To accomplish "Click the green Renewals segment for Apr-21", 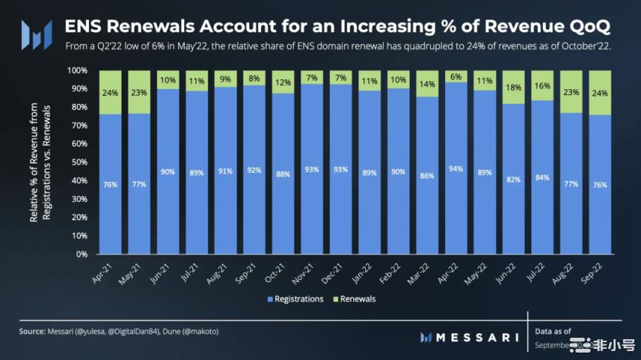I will [111, 93].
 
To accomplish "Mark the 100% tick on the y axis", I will [76, 71].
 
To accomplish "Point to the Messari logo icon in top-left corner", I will [36, 34].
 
